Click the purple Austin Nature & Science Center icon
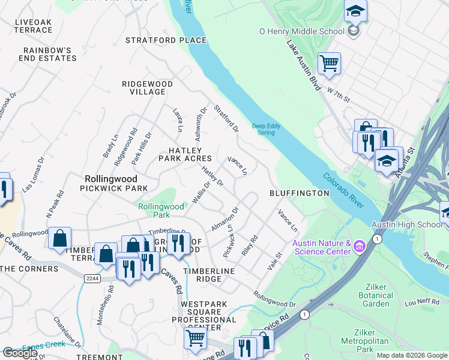point(359,245)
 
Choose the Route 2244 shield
point(91,278)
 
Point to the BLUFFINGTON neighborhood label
point(299,193)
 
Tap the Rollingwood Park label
point(161,210)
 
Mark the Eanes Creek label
point(43,346)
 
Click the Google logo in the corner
point(20,353)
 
